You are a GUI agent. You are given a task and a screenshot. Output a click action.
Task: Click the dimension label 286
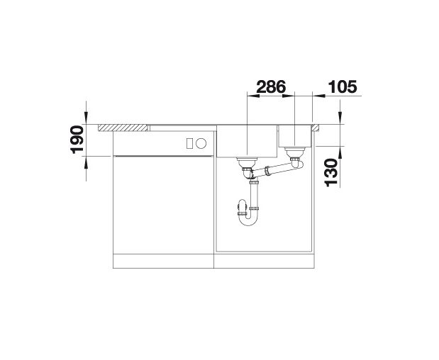tap(271, 86)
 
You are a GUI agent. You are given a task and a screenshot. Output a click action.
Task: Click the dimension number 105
tap(343, 86)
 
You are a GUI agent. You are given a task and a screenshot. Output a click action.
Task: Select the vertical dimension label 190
tap(77, 140)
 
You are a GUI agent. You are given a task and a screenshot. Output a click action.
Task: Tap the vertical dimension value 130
tap(331, 173)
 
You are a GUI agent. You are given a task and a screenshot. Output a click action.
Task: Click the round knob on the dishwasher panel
tap(201, 143)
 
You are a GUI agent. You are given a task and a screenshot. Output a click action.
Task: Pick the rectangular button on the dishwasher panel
tap(189, 143)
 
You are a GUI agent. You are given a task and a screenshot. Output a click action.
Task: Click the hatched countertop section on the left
tap(123, 128)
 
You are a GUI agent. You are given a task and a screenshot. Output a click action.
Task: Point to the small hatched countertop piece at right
tap(315, 128)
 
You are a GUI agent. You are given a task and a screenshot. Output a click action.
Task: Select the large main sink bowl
tap(247, 141)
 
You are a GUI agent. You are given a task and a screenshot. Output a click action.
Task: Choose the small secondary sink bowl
tap(294, 135)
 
